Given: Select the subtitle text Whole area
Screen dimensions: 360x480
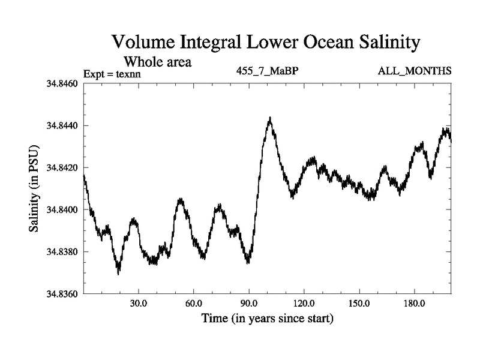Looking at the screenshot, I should (157, 61).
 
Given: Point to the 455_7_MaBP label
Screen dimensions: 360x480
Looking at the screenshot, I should (268, 71).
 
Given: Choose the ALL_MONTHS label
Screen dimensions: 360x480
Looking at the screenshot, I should (415, 71).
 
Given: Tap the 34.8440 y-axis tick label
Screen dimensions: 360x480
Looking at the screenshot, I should (62, 125).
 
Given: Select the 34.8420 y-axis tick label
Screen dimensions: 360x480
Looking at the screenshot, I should (62, 167).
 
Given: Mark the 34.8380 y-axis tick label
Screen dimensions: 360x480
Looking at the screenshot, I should (62, 252).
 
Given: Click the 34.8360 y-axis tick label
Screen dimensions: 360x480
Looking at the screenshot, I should (62, 294).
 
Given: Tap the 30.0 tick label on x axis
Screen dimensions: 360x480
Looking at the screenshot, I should (139, 304).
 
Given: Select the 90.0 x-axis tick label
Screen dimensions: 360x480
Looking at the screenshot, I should (249, 304).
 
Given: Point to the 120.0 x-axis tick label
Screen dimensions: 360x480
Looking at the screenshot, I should (304, 304).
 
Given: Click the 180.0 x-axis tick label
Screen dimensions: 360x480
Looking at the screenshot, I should (415, 304).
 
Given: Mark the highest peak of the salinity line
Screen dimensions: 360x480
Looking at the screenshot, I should (270, 118).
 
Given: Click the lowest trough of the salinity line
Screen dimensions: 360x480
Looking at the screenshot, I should (118, 273).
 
